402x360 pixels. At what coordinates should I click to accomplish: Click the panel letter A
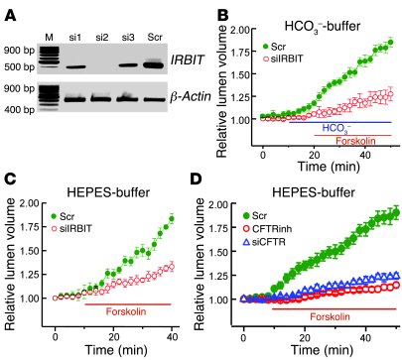click(11, 11)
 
